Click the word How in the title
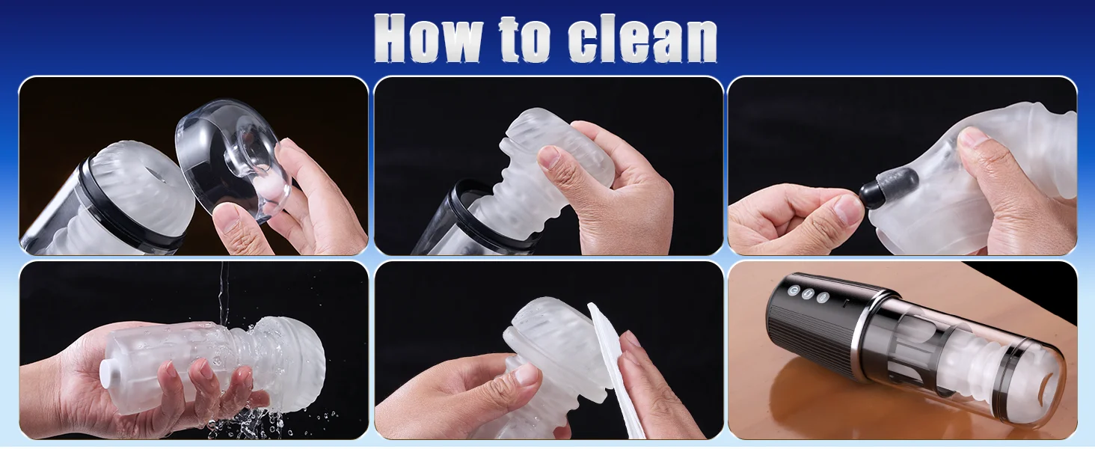tap(428, 38)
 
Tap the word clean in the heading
tap(642, 38)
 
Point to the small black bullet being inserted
tap(877, 190)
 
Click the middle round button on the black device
tap(807, 294)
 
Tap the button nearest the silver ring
tap(823, 297)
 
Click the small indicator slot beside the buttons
tap(844, 305)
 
